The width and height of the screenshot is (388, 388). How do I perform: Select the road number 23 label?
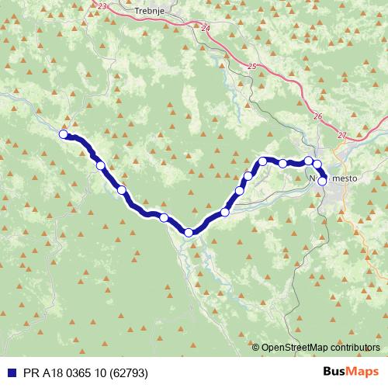click(104, 5)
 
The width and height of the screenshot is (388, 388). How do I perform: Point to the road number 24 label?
click(205, 28)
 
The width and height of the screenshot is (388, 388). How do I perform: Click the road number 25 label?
click(251, 68)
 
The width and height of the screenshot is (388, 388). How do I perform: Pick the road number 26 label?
click(319, 116)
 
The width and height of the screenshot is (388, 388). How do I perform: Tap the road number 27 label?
click(342, 135)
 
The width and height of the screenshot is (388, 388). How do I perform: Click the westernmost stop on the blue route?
click(64, 133)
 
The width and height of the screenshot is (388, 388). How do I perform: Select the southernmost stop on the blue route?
click(189, 232)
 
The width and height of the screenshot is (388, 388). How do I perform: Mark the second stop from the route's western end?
click(100, 165)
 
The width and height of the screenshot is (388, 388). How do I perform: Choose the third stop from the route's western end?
click(122, 190)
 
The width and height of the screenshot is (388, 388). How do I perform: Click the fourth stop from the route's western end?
click(164, 217)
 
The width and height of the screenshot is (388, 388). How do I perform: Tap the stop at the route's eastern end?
click(322, 181)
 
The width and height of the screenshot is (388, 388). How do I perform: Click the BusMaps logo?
click(351, 372)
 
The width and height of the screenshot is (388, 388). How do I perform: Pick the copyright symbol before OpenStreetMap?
click(256, 347)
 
